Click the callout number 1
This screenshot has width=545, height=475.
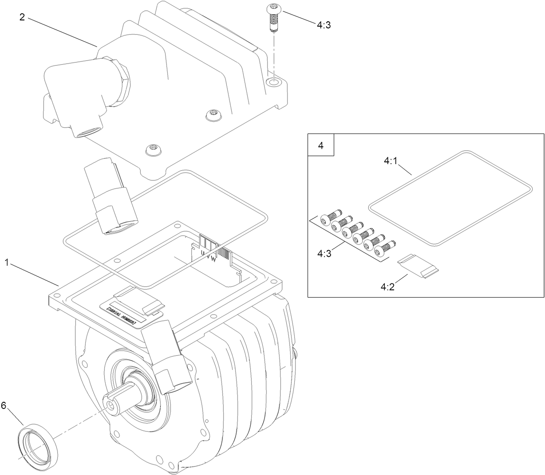point(7,262)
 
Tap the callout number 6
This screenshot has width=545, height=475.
point(4,405)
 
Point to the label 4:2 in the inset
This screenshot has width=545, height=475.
point(388,287)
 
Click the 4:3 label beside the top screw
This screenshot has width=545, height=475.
point(324,25)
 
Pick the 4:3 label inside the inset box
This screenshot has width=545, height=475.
point(324,254)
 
